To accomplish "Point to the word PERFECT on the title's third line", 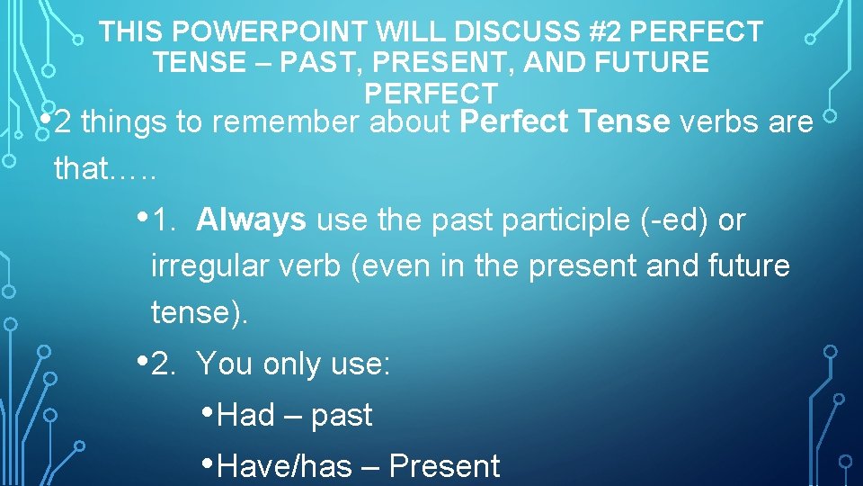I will click(431, 93).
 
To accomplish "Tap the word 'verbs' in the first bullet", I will click(722, 122).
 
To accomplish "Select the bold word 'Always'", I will click(251, 220).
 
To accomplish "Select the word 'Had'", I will click(245, 416).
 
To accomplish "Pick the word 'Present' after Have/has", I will click(444, 466).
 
